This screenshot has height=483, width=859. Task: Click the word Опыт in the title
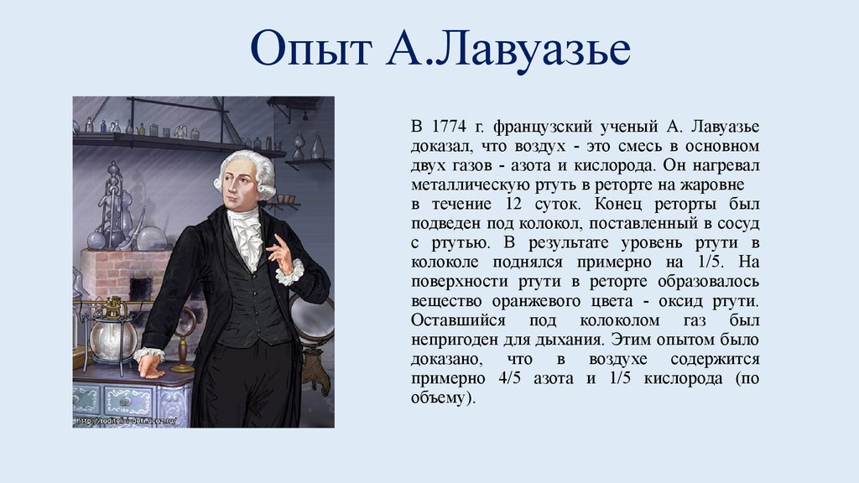310,53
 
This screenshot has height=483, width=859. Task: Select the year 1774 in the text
449,127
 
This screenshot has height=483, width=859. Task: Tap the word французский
534,127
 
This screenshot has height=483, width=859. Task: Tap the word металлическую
467,184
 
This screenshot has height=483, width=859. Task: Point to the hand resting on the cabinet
150,362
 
